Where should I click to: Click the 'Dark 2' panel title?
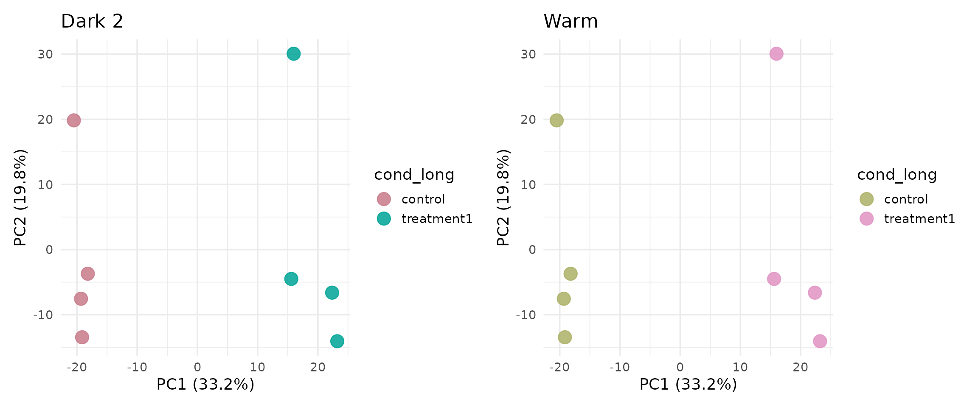pyautogui.click(x=92, y=21)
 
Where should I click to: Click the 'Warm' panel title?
pyautogui.click(x=570, y=21)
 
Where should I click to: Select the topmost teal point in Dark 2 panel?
pyautogui.click(x=293, y=54)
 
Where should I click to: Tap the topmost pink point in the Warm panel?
pyautogui.click(x=776, y=54)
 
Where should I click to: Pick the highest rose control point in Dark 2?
pyautogui.click(x=74, y=120)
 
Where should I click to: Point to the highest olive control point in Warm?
pyautogui.click(x=556, y=120)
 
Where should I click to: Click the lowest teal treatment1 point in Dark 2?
pyautogui.click(x=337, y=341)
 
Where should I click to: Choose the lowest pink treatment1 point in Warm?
pyautogui.click(x=820, y=341)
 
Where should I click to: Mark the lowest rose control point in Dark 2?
pyautogui.click(x=82, y=337)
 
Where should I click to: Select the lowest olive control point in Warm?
pyautogui.click(x=565, y=337)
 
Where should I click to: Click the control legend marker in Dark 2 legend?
pyautogui.click(x=384, y=199)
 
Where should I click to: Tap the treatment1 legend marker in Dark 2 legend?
pyautogui.click(x=384, y=219)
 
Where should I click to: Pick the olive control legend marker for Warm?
pyautogui.click(x=866, y=199)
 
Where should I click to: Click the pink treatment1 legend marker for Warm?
pyautogui.click(x=866, y=219)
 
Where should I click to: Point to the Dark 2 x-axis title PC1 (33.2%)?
pyautogui.click(x=205, y=384)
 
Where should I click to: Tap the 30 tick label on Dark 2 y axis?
pyautogui.click(x=45, y=54)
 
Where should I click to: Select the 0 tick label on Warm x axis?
pyautogui.click(x=680, y=367)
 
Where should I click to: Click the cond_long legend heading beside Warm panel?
pyautogui.click(x=897, y=175)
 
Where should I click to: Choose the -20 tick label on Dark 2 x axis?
pyautogui.click(x=76, y=367)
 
